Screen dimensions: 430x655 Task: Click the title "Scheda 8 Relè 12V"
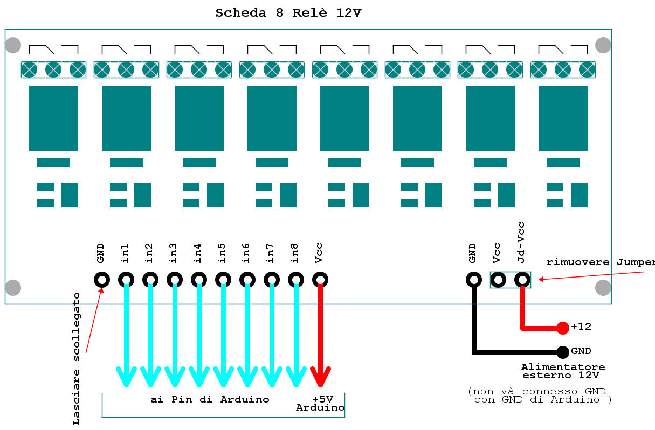[x=288, y=13]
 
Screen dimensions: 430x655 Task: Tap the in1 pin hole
[x=126, y=280]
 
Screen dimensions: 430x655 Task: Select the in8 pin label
[x=295, y=253]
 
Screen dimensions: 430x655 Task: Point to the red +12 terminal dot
[x=562, y=327]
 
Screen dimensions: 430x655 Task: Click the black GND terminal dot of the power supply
[x=562, y=352]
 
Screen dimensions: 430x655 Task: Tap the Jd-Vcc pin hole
[x=522, y=280]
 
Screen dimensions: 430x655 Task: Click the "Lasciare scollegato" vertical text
[x=77, y=358]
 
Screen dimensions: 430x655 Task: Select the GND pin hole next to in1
[x=102, y=280]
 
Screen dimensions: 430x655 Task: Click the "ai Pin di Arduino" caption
[x=210, y=399]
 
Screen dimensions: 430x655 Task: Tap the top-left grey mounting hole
[x=13, y=45]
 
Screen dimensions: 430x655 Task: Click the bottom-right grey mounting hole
[x=603, y=288]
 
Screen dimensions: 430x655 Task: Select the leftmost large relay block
[x=53, y=118]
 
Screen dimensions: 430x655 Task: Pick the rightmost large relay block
[x=563, y=118]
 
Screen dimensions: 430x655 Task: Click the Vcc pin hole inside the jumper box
[x=498, y=280]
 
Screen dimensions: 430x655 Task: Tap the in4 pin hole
[x=199, y=280]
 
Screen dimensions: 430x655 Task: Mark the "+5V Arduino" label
[x=321, y=404]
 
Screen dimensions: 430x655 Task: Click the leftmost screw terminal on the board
[x=29, y=70]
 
